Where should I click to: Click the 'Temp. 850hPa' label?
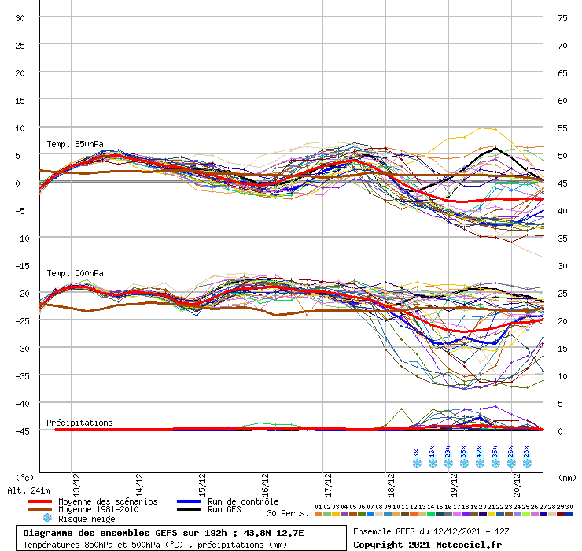[x=74, y=145]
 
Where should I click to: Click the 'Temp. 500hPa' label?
[x=74, y=274]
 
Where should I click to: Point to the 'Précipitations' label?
[x=79, y=423]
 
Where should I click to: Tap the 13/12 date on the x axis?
[x=76, y=478]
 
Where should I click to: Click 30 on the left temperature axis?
[x=20, y=18]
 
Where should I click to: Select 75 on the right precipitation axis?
[x=562, y=18]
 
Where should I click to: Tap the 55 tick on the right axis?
[x=562, y=128]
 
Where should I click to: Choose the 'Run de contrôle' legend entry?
[x=242, y=501]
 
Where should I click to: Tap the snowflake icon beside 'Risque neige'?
[x=46, y=518]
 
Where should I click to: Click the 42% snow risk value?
[x=479, y=455]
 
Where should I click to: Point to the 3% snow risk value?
[x=416, y=455]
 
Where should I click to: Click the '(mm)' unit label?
[x=563, y=477]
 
